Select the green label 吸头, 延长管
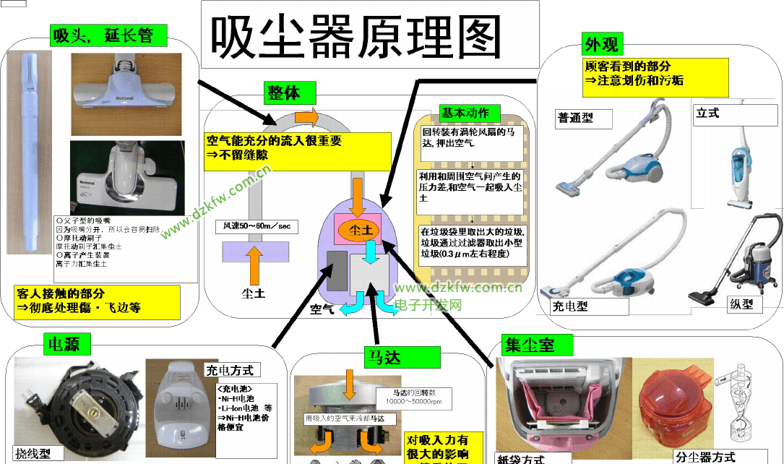point(108,34)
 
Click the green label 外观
point(600,44)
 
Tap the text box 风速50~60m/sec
point(257,226)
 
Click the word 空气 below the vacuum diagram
point(322,309)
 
